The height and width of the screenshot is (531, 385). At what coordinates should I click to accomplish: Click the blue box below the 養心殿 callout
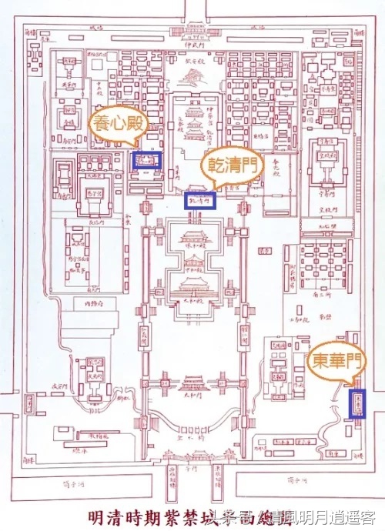pos(146,159)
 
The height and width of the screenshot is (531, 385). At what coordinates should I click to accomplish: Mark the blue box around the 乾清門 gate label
pos(199,200)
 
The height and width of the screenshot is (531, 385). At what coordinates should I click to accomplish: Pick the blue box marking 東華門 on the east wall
pos(356,402)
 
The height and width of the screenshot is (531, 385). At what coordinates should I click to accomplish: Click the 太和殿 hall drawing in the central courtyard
pos(192,288)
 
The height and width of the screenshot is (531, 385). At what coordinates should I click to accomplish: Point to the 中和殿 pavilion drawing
pos(192,264)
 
